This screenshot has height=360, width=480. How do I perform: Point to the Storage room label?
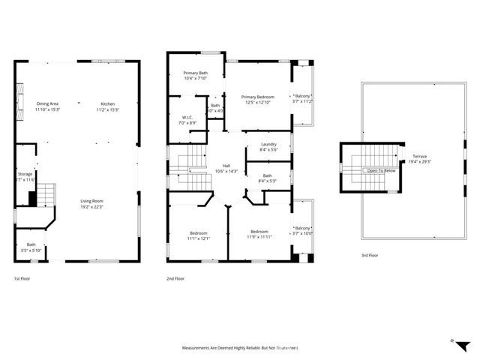25,177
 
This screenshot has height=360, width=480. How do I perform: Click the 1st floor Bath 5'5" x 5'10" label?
31,247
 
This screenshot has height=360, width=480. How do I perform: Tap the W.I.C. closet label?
186,118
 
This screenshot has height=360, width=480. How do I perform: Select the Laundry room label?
268,147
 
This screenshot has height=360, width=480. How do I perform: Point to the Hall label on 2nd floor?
226,169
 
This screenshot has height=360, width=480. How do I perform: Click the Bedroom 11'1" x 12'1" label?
199,235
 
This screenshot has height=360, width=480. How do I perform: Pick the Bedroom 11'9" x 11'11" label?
259,234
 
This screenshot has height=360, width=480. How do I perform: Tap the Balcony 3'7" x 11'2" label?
302,99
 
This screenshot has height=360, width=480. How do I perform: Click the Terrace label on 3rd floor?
418,159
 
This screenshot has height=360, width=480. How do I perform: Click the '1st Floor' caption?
22,279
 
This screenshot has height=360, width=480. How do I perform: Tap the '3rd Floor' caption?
370,256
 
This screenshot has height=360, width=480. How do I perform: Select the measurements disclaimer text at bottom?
240,348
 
